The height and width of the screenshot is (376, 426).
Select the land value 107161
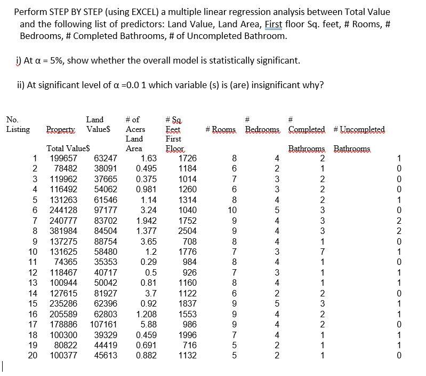[103, 324]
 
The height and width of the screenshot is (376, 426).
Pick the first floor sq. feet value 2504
[187, 231]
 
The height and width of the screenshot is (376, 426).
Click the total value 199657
[63, 159]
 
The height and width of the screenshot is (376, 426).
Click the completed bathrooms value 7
[322, 252]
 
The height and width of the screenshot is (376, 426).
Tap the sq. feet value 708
[190, 241]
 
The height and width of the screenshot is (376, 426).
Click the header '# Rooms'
[222, 130]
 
